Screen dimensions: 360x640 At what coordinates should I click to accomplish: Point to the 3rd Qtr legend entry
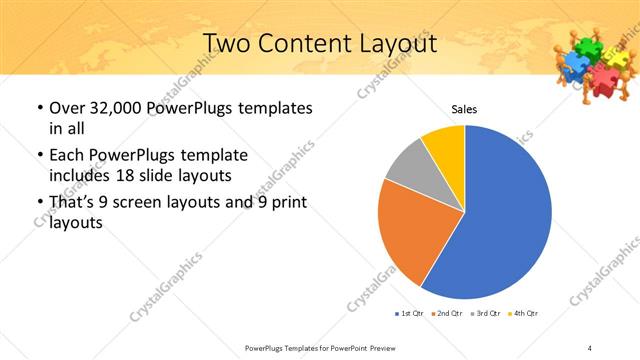[486, 314]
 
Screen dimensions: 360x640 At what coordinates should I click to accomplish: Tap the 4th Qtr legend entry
[524, 314]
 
